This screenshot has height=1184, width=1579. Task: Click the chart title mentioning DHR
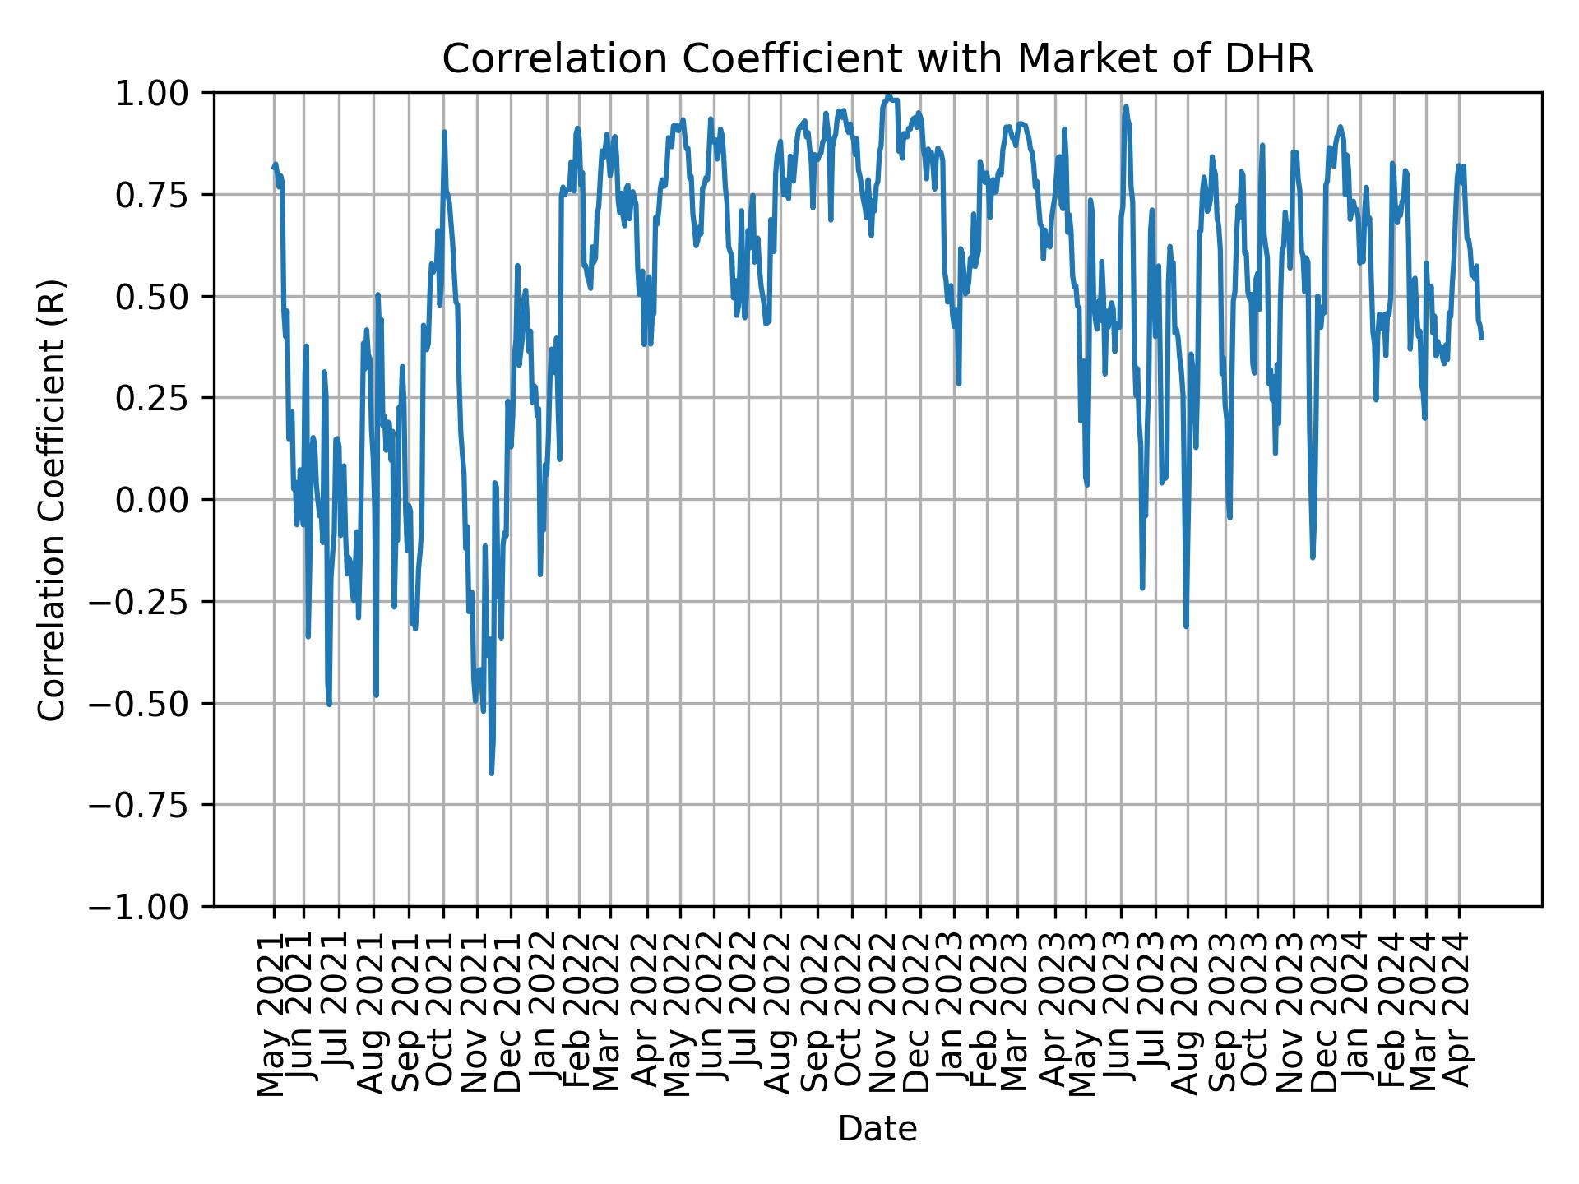pyautogui.click(x=877, y=59)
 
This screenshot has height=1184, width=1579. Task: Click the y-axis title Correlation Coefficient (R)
pyautogui.click(x=51, y=499)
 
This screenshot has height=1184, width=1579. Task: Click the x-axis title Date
pyautogui.click(x=877, y=1129)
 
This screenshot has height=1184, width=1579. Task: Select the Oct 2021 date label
pyautogui.click(x=442, y=1015)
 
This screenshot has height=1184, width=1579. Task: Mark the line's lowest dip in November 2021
pyautogui.click(x=491, y=773)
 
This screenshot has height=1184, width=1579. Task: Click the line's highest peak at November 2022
pyautogui.click(x=888, y=96)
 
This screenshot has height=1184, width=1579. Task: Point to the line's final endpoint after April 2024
pyautogui.click(x=1482, y=338)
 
